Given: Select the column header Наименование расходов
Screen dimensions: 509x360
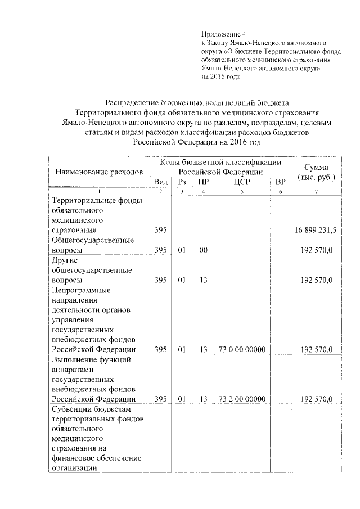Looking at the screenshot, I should click(98, 170).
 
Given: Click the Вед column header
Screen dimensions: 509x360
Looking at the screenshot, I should click(160, 181).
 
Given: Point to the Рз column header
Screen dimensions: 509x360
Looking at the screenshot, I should click(182, 181).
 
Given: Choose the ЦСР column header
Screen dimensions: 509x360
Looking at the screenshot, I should click(240, 181).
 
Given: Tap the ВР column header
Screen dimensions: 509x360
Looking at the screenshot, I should click(280, 181).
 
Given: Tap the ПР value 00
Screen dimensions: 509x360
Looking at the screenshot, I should click(203, 250).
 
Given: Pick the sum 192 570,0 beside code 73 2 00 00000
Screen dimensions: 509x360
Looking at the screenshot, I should click(317, 399).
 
